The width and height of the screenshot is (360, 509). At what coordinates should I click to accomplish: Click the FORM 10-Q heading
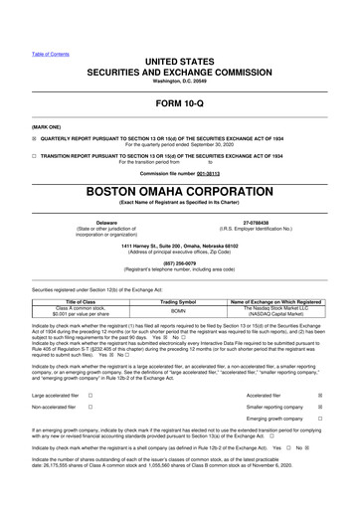pos(180,103)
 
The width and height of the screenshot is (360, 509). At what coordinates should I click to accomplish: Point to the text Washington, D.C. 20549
pos(180,80)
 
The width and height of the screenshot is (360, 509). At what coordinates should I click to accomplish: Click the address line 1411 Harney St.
pos(179,245)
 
